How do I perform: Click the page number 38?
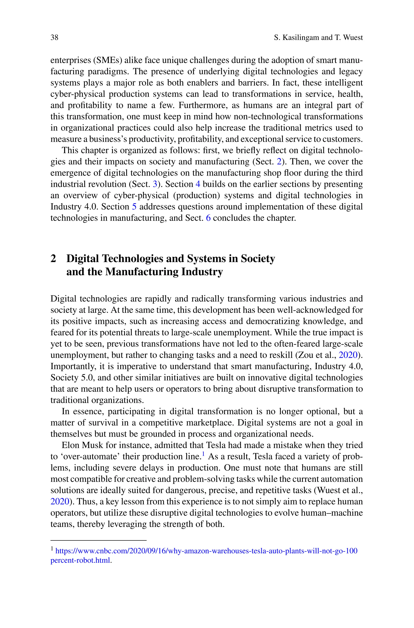(x=54, y=37)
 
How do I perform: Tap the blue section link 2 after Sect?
(x=279, y=161)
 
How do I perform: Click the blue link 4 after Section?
(x=198, y=184)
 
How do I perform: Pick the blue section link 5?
(x=134, y=206)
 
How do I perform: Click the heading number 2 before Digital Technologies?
(x=53, y=258)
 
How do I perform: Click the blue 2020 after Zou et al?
(x=348, y=355)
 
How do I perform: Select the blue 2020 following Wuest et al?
(x=60, y=501)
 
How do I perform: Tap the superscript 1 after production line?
(x=204, y=454)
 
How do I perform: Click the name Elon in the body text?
(x=71, y=445)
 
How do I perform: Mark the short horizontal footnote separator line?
(x=98, y=540)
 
